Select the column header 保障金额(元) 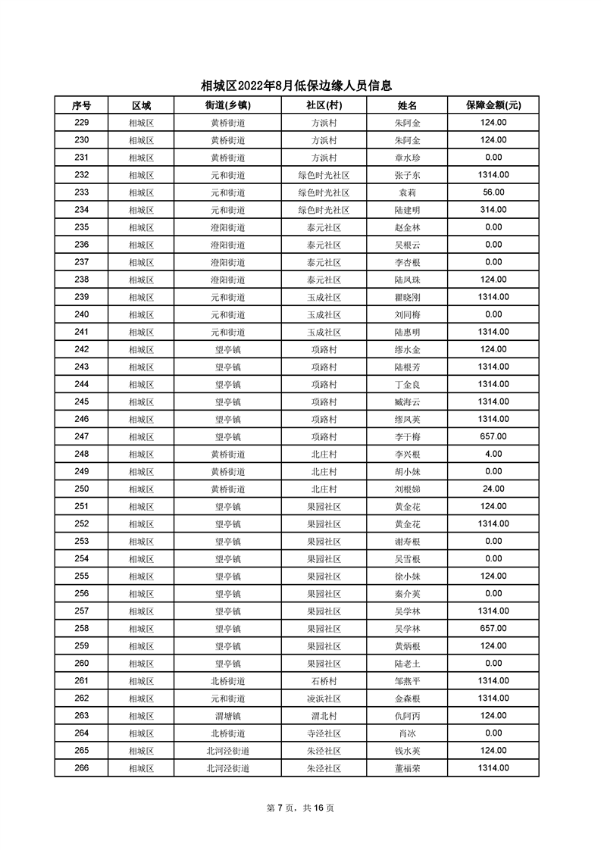coord(493,105)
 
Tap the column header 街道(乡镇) coord(227,105)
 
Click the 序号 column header coord(82,105)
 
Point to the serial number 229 coord(82,123)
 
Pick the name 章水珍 coord(407,158)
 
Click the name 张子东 coord(407,175)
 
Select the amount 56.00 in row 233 coord(493,192)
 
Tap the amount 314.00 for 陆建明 coord(493,210)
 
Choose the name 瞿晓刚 coord(407,297)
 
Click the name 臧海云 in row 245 coord(407,402)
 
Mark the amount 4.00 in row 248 coord(493,454)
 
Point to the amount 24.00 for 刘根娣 coord(493,489)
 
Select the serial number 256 coord(82,593)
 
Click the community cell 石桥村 coord(324,680)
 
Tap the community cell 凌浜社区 coord(324,698)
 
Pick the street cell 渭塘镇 coord(227,715)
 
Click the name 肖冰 coord(407,733)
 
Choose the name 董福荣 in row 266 coord(407,768)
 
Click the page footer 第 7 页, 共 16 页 coord(301,808)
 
